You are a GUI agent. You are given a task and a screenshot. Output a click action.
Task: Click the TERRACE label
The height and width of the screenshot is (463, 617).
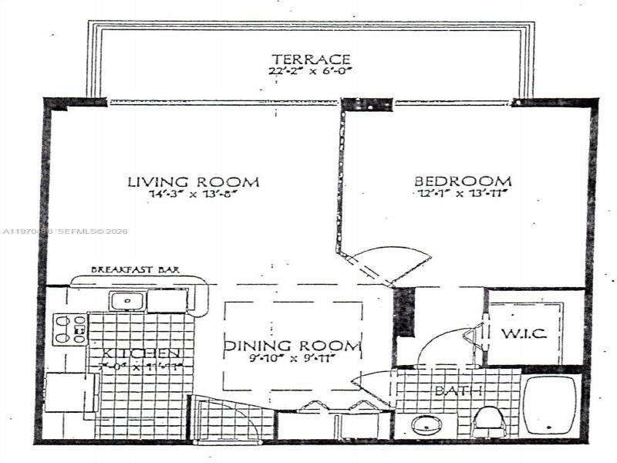312,59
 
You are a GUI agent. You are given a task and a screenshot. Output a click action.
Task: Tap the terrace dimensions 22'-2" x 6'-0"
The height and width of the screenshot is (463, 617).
312,72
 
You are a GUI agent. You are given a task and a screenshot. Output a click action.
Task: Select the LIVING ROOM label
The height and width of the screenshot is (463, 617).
193,182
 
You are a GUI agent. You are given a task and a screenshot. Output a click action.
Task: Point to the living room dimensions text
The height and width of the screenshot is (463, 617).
193,195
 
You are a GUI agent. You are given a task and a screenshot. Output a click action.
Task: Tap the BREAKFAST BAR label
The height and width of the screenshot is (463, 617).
136,269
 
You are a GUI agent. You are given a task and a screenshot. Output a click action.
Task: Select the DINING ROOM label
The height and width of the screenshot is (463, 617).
293,346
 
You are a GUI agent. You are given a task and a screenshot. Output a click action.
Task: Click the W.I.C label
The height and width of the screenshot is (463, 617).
524,333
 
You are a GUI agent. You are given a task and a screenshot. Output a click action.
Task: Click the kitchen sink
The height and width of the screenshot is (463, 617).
123,300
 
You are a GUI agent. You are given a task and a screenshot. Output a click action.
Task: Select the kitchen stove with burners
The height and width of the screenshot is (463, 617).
69,329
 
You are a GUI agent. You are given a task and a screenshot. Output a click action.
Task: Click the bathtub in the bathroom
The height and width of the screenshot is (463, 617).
552,407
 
